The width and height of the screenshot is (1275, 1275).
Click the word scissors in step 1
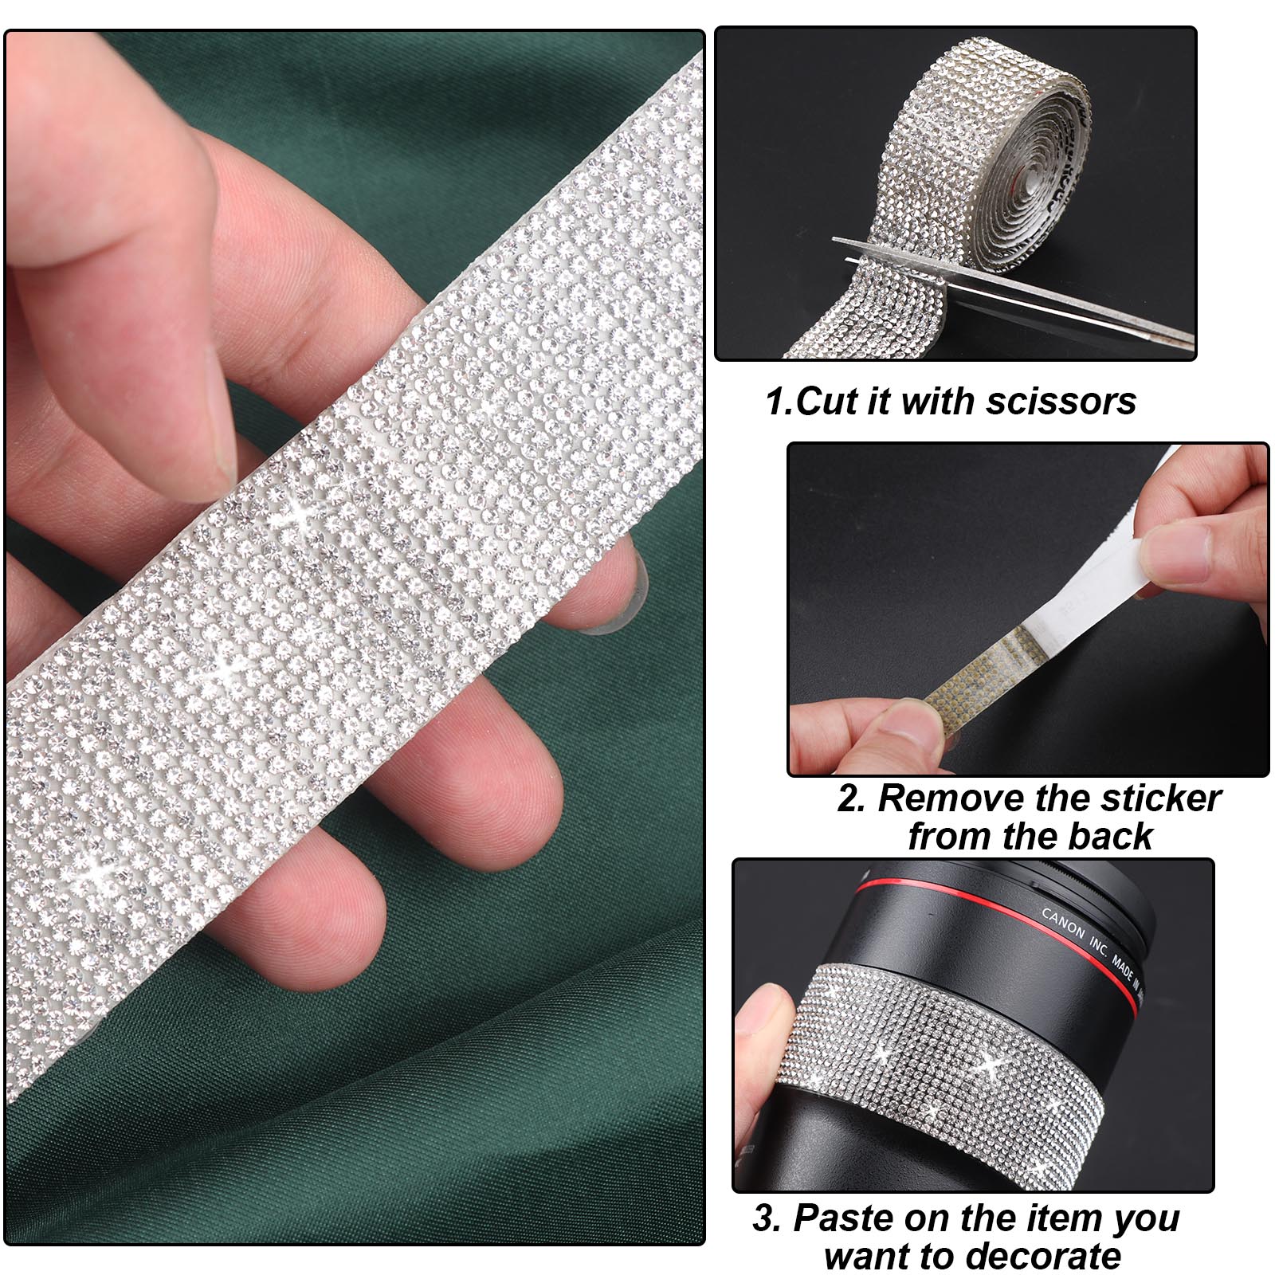[x=1061, y=401]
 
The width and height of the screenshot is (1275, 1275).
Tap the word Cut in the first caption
[x=828, y=401]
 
